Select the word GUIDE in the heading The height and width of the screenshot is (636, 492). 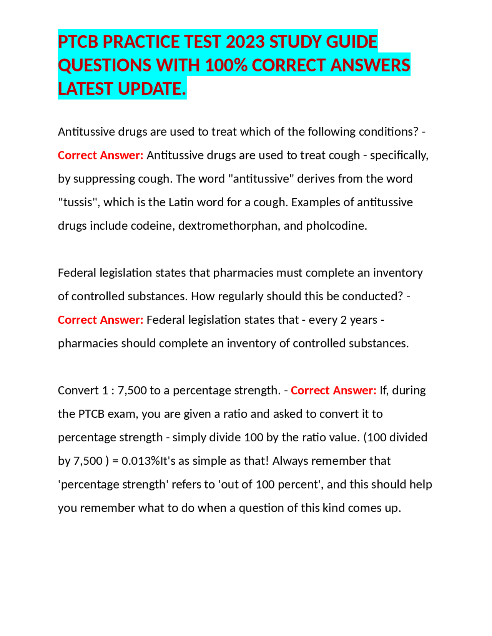click(x=352, y=42)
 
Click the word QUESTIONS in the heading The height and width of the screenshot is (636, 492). click(x=105, y=65)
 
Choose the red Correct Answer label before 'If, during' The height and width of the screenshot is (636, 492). click(x=333, y=391)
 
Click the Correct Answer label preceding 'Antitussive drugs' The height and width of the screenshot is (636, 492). click(x=100, y=156)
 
